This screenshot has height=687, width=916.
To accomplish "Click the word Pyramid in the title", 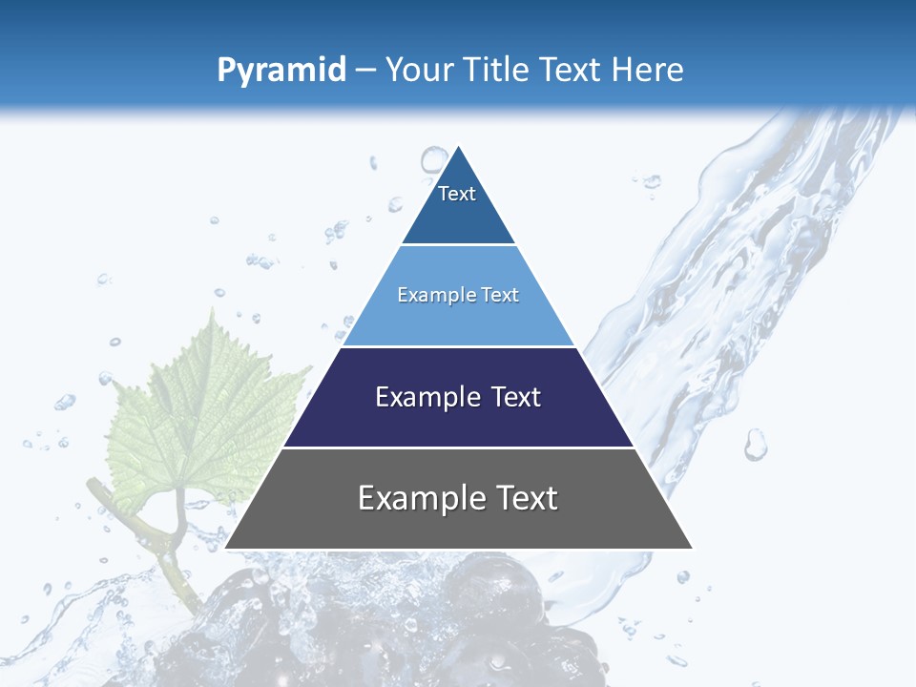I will point(281,71).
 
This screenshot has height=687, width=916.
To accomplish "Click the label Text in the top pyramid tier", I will point(457,194).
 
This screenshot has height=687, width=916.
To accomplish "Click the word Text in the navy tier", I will point(516,397).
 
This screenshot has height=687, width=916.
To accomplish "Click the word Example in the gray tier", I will point(411,498).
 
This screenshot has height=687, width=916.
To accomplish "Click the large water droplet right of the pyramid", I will point(756,444).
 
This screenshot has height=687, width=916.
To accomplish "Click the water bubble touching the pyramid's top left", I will point(434,159).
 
